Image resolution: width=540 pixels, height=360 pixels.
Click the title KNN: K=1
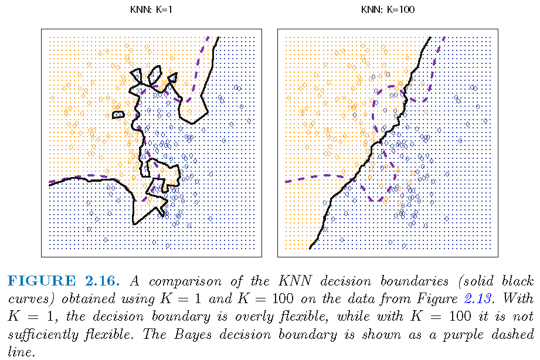tap(152, 9)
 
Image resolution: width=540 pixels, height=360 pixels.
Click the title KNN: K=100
tap(387, 9)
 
